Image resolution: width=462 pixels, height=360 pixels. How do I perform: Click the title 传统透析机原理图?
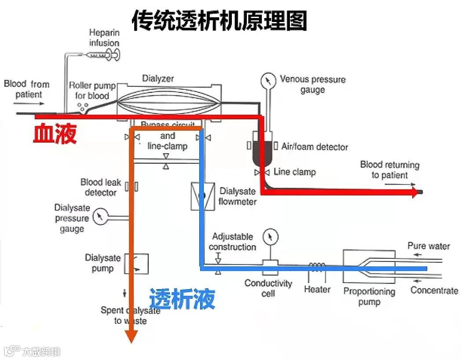tap(219, 21)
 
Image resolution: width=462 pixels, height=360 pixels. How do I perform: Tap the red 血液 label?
tap(55, 133)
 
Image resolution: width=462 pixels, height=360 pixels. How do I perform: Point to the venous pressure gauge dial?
tap(267, 80)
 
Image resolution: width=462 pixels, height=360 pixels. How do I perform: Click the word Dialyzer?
tap(158, 79)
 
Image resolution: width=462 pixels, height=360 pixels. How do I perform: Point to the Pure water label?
tap(429, 246)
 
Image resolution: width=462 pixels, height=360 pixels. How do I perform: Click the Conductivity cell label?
tap(268, 288)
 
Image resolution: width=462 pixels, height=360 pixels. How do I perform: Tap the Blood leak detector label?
tap(101, 187)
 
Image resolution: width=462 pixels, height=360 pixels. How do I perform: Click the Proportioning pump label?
tap(369, 296)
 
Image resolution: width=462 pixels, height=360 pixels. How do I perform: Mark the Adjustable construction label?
tap(232, 242)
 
